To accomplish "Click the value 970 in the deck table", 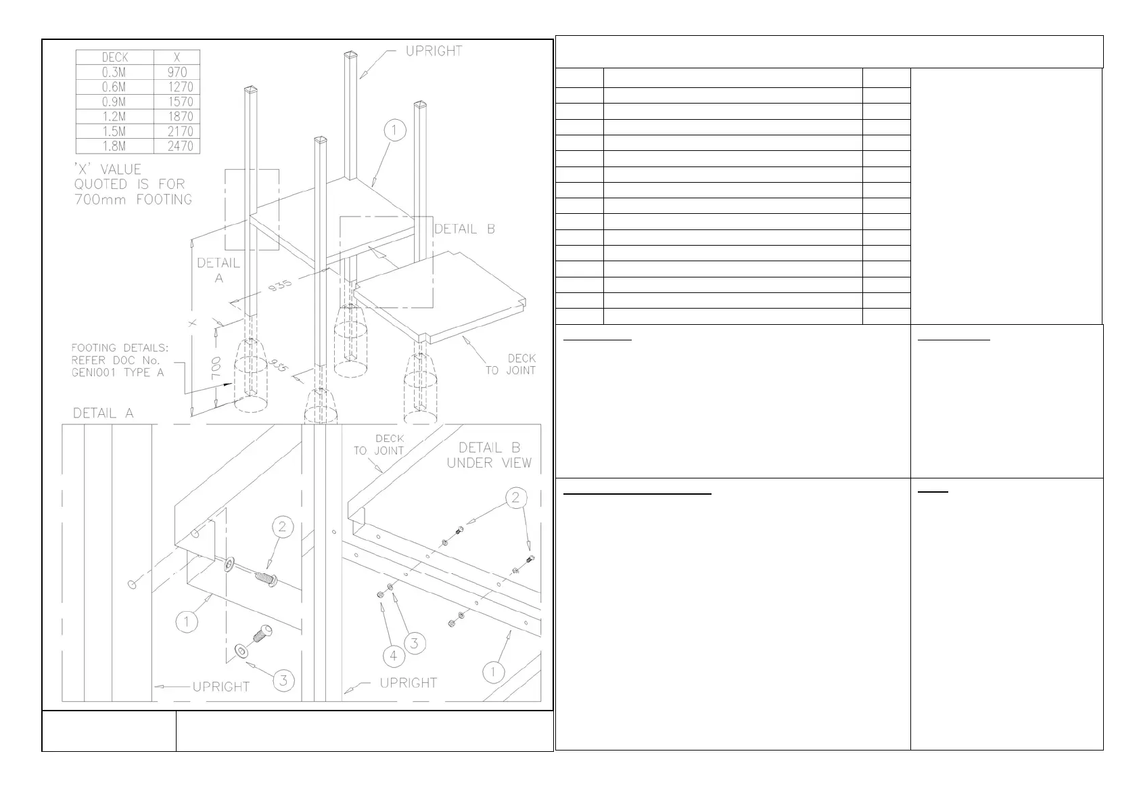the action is [x=177, y=72].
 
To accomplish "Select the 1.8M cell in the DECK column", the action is [x=114, y=146].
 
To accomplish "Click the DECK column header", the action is [x=114, y=58].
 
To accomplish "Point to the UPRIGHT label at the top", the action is [x=434, y=51].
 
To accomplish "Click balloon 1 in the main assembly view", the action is [x=395, y=130].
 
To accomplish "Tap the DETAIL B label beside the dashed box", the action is [x=464, y=229].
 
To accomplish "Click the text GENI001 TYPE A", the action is [x=118, y=372].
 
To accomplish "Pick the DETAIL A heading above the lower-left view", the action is [x=103, y=413].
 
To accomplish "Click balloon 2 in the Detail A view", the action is [x=283, y=527].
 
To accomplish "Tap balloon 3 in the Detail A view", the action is [x=283, y=680].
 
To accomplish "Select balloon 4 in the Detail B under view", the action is [x=393, y=656].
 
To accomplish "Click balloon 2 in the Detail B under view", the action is [x=515, y=498].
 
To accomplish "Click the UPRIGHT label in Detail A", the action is [x=221, y=687].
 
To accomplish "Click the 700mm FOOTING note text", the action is [x=133, y=200].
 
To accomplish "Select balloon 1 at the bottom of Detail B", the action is [x=493, y=672].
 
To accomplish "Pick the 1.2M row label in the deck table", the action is [x=114, y=116].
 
